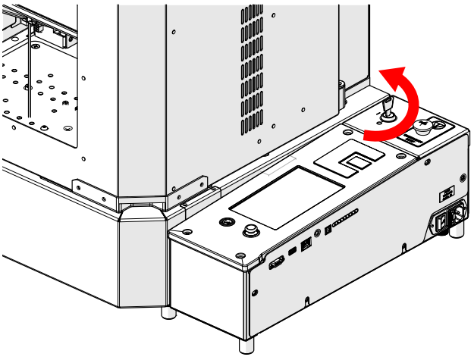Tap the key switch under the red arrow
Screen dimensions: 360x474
tap(386, 111)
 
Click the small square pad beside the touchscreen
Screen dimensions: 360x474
tap(356, 159)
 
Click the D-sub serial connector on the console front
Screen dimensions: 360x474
tap(276, 262)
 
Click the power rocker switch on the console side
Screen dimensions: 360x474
tap(439, 222)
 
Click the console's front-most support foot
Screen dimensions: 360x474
tap(247, 345)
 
